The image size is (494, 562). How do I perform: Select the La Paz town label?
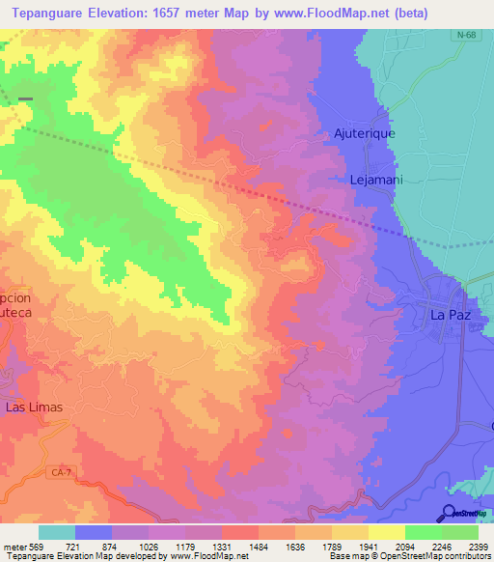point(449,314)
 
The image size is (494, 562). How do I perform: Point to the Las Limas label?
point(35,407)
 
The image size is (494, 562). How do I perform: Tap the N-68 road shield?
point(466,35)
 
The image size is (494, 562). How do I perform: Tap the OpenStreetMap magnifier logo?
point(449,513)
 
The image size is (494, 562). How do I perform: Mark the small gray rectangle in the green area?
point(25,98)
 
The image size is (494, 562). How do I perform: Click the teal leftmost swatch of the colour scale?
point(57,532)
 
